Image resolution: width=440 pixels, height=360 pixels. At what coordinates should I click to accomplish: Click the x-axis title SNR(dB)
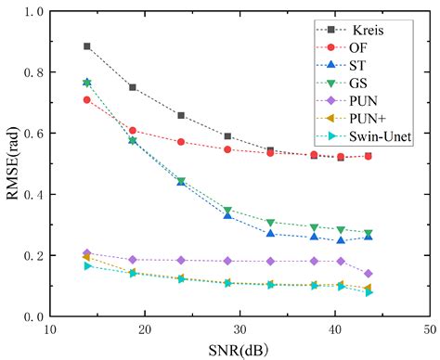click(239, 350)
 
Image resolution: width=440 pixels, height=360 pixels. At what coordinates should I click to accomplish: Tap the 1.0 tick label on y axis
click(32, 11)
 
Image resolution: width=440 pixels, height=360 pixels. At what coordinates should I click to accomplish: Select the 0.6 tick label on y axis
click(32, 133)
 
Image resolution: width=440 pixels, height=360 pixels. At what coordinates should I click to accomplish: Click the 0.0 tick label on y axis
click(32, 316)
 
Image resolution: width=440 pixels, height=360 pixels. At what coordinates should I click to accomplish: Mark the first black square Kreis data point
click(87, 46)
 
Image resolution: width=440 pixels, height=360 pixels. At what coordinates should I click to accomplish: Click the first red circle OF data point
click(87, 100)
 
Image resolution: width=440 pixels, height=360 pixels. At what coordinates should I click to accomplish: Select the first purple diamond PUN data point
click(87, 253)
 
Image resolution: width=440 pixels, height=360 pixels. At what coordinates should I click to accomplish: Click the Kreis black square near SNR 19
click(133, 87)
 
